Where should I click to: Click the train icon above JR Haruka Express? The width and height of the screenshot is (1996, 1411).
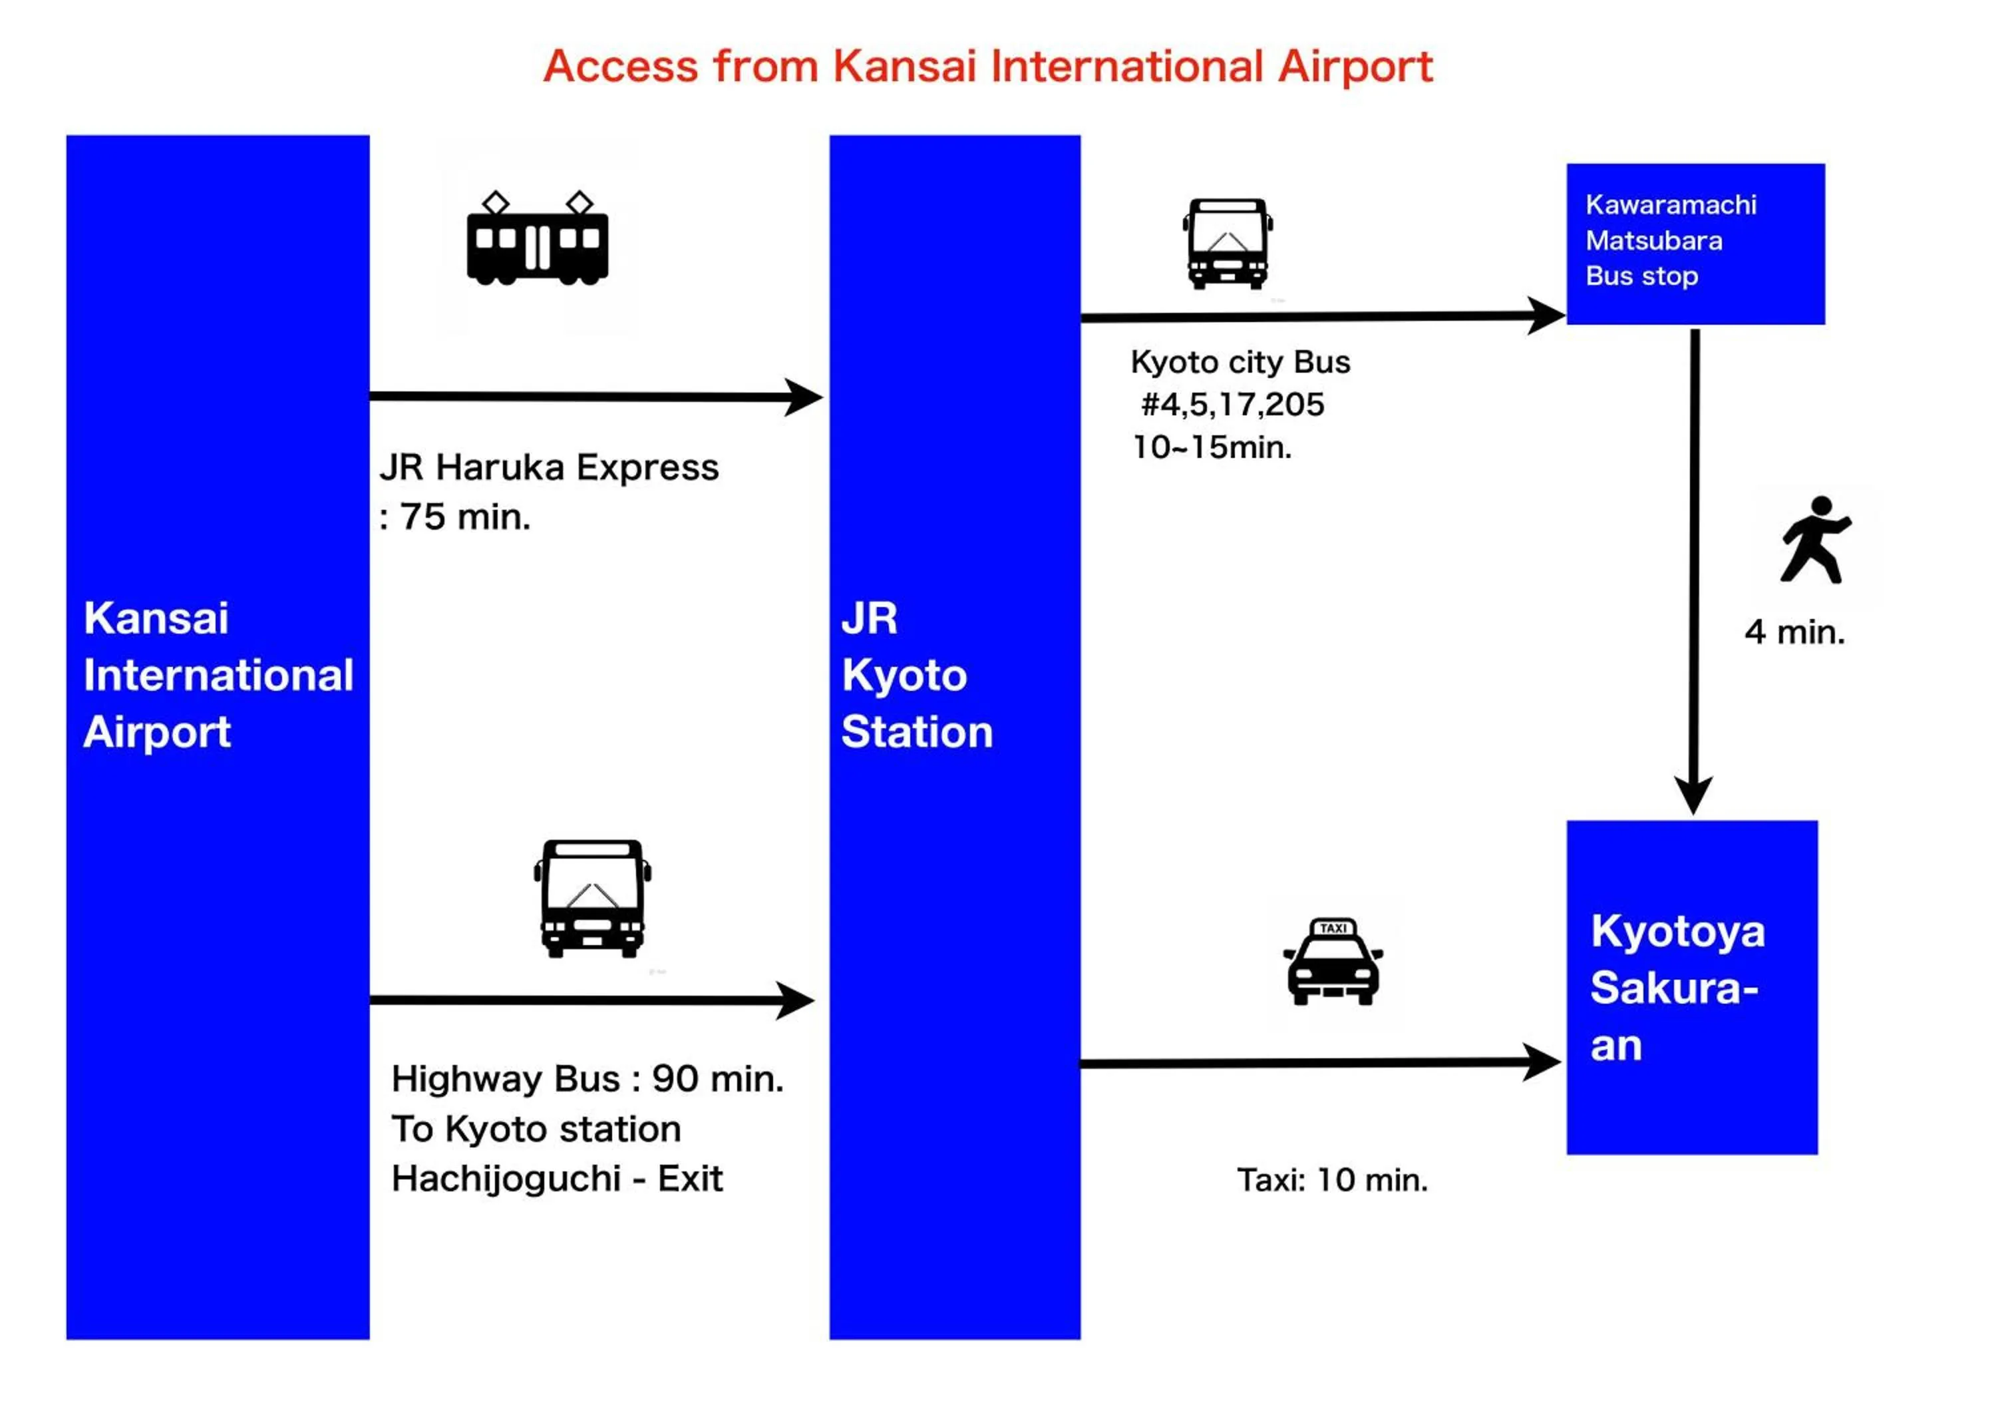point(537,239)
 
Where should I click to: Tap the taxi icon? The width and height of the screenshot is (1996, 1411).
point(1333,962)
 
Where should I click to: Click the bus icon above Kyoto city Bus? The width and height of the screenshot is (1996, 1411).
point(1228,244)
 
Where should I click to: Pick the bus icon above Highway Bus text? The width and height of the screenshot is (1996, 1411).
point(592,898)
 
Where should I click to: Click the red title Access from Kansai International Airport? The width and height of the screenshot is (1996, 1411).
point(987,67)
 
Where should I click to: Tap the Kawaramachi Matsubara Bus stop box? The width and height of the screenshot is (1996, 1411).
point(1695,244)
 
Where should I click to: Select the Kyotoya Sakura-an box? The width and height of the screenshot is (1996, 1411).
point(1692,988)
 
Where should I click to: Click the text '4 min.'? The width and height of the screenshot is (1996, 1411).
point(1794,632)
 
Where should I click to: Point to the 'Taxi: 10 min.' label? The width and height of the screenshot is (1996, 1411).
point(1332,1180)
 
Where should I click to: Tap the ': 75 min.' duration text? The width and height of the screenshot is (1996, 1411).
point(456,517)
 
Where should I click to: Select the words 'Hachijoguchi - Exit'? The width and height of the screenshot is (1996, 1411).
point(556,1179)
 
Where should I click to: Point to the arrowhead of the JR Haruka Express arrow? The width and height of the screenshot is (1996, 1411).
point(804,397)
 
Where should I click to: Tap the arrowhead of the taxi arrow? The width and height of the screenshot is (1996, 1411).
point(1543,1062)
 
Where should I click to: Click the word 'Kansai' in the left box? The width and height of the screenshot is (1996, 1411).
point(156,619)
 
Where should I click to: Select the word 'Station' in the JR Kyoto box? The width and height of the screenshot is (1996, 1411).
point(917,732)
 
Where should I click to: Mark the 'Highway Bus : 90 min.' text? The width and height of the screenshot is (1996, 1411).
point(587,1079)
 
